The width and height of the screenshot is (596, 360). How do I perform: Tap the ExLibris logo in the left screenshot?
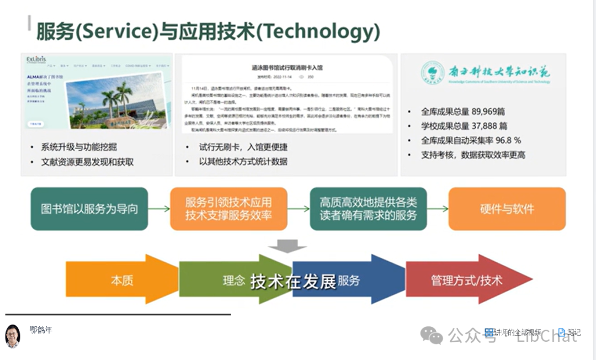point(37,59)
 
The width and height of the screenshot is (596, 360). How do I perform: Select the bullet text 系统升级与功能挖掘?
point(79,147)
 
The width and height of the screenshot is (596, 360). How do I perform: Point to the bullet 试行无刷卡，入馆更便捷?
point(243,147)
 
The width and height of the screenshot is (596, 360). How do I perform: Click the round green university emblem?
point(432,72)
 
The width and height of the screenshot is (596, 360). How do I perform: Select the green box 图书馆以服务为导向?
point(89,209)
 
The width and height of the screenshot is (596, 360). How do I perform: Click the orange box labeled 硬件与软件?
point(507,209)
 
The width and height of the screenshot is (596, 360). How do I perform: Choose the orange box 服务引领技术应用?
point(228,202)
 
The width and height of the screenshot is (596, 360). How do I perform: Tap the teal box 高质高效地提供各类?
point(368,202)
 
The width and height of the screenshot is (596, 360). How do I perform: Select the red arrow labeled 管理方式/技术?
point(467,280)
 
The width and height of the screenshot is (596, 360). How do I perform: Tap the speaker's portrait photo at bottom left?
point(13,336)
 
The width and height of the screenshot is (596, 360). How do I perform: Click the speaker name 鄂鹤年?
point(41,330)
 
